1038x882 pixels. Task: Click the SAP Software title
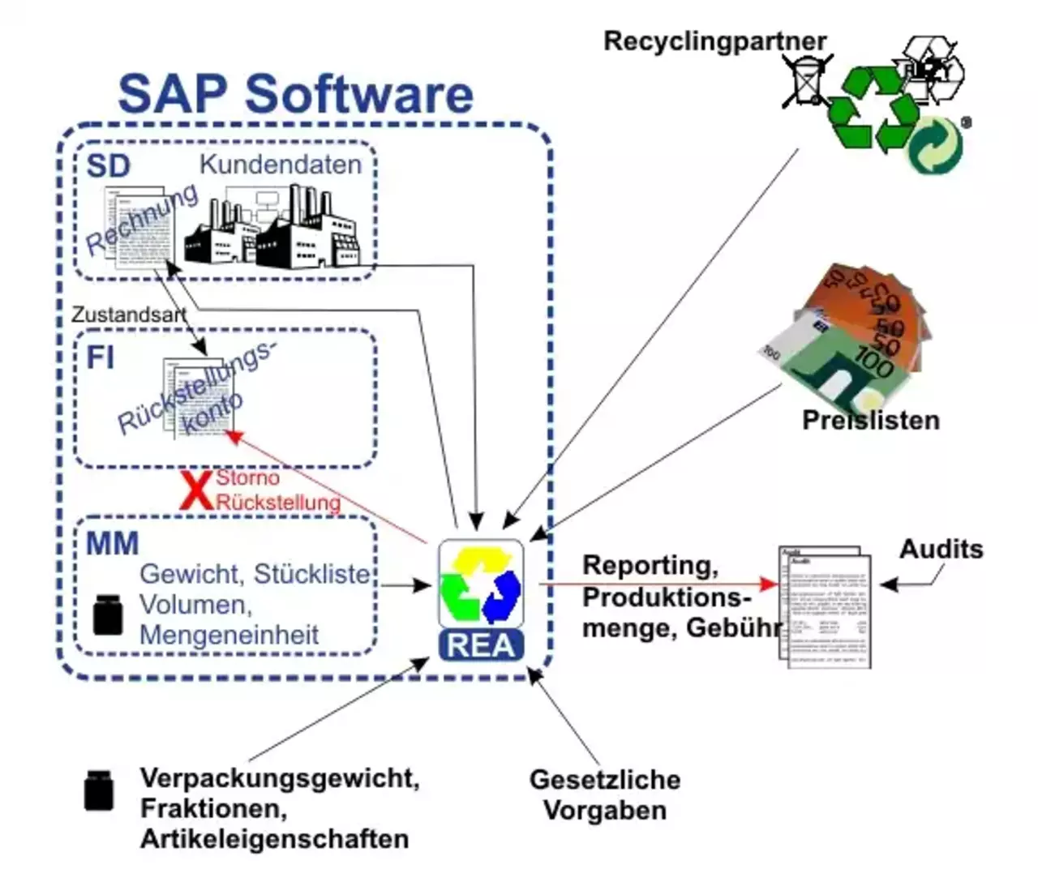[295, 94]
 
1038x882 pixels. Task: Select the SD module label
[108, 166]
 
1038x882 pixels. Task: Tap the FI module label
[101, 358]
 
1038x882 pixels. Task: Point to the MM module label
[112, 543]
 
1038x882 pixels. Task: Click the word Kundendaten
[281, 165]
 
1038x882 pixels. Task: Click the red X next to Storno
[195, 491]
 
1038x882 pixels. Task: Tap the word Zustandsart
[128, 315]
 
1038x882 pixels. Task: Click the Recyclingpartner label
[714, 41]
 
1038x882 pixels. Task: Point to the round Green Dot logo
[935, 147]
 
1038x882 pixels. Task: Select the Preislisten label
[870, 421]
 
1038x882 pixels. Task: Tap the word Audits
[941, 550]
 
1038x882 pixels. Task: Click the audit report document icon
[826, 606]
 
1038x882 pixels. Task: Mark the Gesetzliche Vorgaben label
[604, 794]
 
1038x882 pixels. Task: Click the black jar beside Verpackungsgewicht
[99, 790]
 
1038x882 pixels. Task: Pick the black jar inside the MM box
[108, 614]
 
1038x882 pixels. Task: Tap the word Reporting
[650, 566]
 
